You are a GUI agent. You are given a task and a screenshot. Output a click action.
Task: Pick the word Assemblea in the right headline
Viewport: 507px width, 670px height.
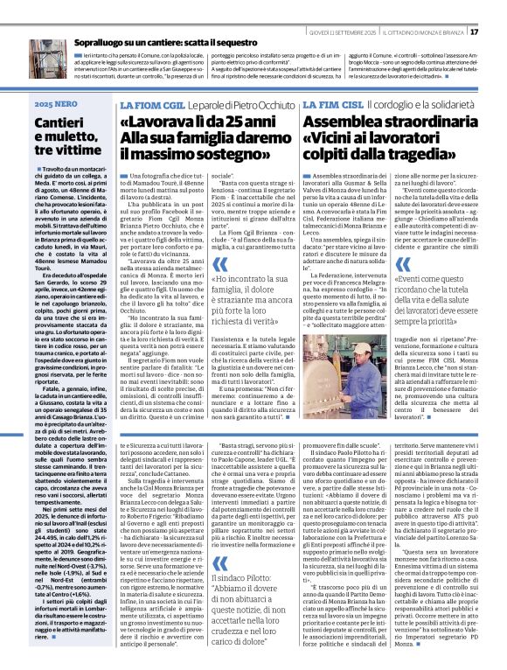coord(368,122)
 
